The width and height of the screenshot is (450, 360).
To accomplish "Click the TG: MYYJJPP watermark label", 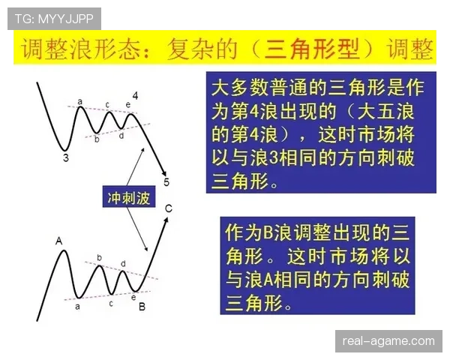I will click(53, 18).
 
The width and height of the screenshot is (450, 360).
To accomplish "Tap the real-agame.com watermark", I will click(388, 341).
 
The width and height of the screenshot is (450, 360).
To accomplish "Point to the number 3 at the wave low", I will click(66, 157).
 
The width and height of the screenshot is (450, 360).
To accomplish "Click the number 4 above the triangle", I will click(136, 96).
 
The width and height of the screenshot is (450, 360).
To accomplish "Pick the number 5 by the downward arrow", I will click(166, 182).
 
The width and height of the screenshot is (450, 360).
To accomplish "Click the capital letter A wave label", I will click(58, 241).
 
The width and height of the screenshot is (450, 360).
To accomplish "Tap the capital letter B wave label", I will click(142, 306).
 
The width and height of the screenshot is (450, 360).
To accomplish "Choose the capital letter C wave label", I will click(169, 208).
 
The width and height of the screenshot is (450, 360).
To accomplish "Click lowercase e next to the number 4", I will click(128, 104).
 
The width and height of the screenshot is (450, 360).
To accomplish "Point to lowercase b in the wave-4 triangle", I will click(97, 138).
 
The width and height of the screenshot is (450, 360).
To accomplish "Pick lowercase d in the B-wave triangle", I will click(123, 264).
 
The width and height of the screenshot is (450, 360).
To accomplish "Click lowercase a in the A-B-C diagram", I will click(78, 305).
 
